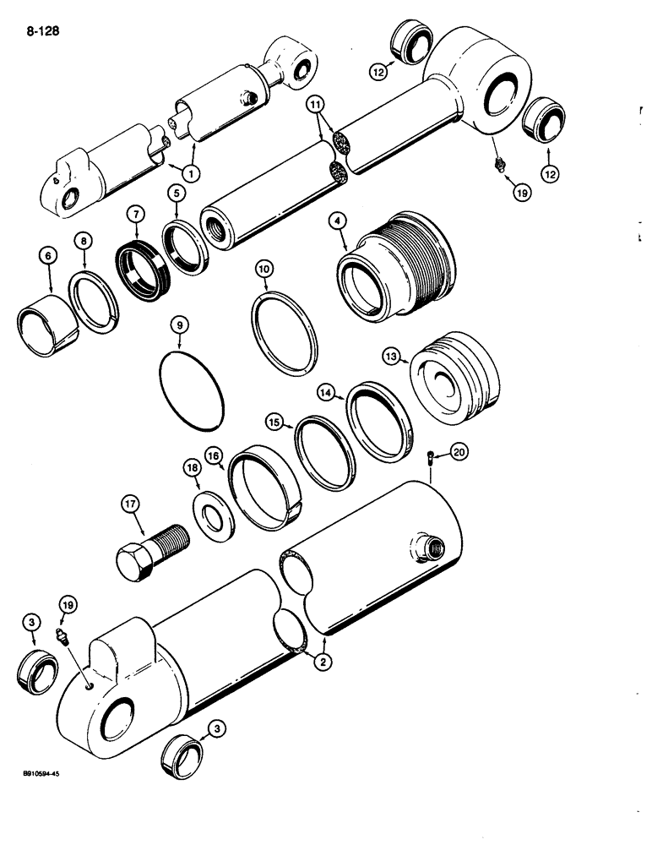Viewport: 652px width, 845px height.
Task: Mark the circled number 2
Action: (320, 662)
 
